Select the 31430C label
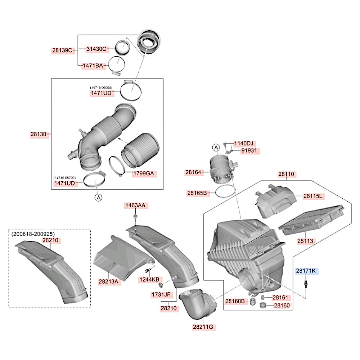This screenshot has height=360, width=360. (96, 49)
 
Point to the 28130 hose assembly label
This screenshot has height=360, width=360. (39, 134)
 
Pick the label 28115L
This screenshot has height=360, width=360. (312, 196)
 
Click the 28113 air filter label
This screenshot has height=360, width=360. (305, 240)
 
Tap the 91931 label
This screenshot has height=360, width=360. (249, 150)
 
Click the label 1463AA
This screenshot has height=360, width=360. (135, 206)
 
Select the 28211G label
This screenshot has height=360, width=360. (203, 327)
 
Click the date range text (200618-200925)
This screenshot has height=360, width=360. (33, 234)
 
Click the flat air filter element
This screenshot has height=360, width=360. (312, 219)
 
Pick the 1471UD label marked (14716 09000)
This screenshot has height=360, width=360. (101, 93)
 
